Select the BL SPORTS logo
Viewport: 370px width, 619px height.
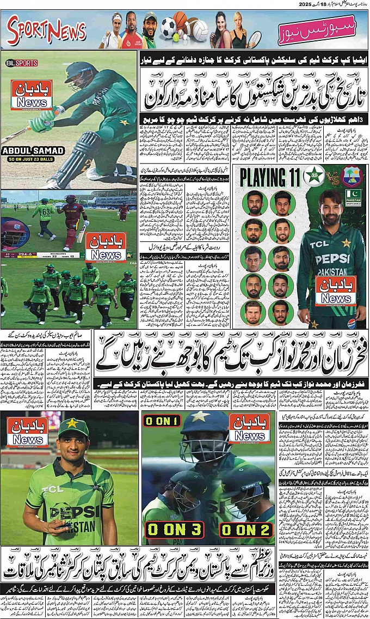point(22,63)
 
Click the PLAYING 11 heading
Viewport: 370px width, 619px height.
point(269,177)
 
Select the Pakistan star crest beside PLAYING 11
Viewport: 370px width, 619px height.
point(314,176)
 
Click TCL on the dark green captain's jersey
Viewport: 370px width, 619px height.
point(319,244)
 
